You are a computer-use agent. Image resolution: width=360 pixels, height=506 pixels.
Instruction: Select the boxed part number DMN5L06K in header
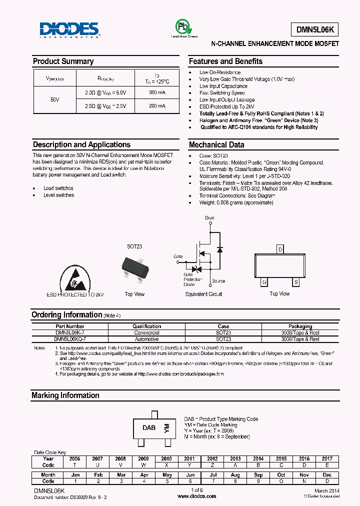point(314,30)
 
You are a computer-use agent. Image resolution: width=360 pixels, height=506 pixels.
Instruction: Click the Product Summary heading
point(63,61)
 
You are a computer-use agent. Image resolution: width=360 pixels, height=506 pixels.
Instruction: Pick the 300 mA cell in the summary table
point(157,92)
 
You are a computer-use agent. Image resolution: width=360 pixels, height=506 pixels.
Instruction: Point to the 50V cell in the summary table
point(55,99)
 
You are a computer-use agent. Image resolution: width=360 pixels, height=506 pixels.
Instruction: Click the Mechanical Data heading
point(216,145)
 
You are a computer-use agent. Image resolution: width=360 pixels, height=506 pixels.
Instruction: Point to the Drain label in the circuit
point(209,218)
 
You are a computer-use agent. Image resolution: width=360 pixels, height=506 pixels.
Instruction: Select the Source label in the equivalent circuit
point(218,281)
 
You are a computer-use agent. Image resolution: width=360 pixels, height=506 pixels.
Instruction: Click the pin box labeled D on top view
point(280,249)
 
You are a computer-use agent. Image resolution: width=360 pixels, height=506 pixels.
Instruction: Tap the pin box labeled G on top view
point(263,282)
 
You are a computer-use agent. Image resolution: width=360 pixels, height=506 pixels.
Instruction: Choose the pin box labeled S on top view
point(296,282)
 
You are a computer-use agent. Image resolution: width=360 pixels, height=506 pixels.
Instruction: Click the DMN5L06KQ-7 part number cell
point(66,339)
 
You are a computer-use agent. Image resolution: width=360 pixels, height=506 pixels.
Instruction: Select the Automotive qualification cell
point(146,339)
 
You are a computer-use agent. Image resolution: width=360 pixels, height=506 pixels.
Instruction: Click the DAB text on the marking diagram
point(149,428)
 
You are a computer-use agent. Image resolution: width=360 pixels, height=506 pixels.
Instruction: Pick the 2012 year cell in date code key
point(212,458)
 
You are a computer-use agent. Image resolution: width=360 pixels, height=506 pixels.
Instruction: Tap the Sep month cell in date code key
point(258,474)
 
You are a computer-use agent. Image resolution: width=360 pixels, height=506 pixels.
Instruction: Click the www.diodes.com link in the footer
point(197,496)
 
